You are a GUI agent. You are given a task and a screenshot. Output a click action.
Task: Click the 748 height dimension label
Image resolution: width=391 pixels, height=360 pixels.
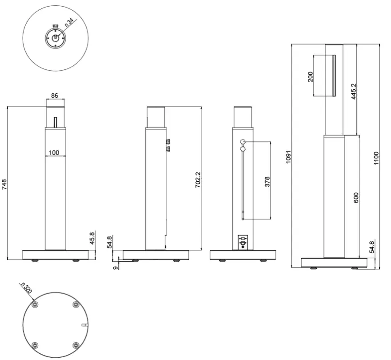pos(4,184)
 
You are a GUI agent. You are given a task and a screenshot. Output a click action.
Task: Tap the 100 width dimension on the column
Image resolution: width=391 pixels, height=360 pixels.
pos(54,152)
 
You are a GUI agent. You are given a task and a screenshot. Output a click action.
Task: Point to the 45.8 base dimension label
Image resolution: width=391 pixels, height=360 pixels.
pos(92,239)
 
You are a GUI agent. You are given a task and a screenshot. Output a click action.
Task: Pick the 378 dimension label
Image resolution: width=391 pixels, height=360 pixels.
pos(267,181)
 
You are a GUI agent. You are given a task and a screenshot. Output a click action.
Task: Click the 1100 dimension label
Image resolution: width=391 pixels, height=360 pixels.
pos(376,157)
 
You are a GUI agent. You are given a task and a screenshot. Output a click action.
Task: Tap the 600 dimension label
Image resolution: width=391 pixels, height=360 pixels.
pos(356,198)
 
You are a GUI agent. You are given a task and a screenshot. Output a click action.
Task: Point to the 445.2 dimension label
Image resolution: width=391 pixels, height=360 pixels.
pos(353,91)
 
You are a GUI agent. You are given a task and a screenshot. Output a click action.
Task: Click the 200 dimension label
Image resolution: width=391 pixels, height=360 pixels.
pos(310,77)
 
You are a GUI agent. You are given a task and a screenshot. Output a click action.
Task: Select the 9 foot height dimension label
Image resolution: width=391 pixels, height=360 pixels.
pos(116,267)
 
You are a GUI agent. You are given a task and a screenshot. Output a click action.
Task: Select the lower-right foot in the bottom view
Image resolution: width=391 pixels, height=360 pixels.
pos(76,345)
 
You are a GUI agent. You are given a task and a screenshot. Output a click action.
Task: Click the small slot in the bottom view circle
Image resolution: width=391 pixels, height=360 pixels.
pos(84,325)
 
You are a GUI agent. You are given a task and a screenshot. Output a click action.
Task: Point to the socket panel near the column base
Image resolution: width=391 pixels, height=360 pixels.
pos(242,242)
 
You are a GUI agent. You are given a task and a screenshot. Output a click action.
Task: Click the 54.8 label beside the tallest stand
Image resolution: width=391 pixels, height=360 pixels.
pos(372,247)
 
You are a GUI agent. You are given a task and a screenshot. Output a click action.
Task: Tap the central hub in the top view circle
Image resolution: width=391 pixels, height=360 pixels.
pos(55,38)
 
